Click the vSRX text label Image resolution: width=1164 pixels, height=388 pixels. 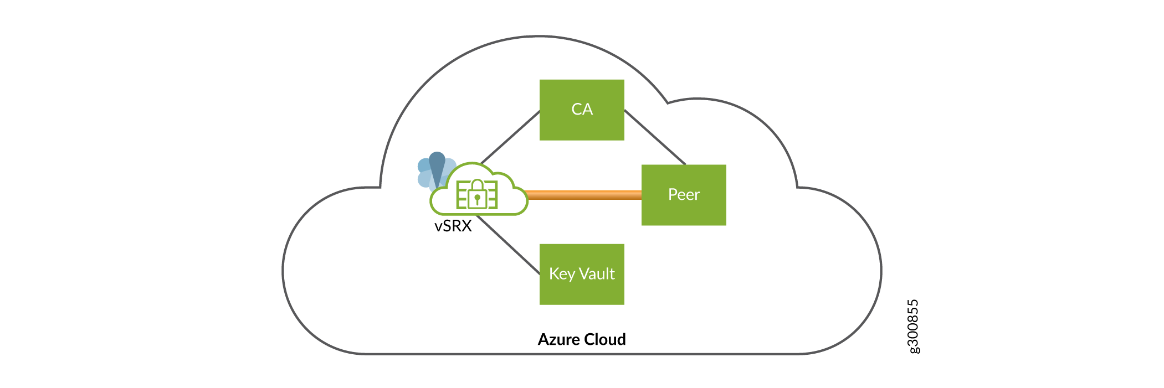click(453, 226)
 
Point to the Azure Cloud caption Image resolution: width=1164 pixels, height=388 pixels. click(582, 339)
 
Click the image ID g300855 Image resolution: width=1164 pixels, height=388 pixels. click(913, 326)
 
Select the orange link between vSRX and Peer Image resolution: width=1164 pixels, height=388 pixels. click(584, 195)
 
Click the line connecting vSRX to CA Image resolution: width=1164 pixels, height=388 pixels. click(510, 137)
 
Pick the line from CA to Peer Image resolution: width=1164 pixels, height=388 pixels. click(655, 137)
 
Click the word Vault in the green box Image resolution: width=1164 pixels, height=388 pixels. click(597, 273)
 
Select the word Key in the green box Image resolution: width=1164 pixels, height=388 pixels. click(562, 274)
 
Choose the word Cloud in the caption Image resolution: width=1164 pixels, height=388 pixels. click(605, 339)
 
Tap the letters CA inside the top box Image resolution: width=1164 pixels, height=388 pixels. click(582, 109)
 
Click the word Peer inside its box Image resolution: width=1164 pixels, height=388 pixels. click(684, 194)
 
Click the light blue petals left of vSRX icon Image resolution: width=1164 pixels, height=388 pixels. click(424, 173)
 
